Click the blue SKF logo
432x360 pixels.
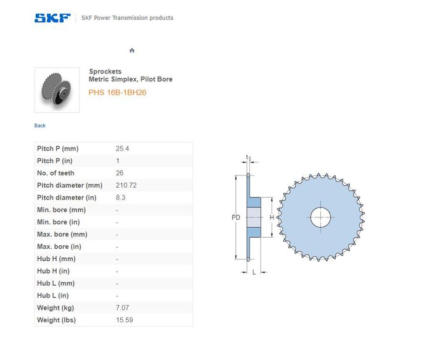coord(52,18)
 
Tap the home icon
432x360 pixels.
coord(132,51)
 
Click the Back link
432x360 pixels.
coord(39,126)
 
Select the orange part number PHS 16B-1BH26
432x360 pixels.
coord(117,93)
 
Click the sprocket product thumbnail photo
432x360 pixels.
coord(57,90)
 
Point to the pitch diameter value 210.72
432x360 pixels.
coord(126,185)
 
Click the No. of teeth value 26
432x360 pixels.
coord(120,173)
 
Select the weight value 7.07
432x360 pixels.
coord(122,308)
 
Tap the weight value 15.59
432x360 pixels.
coord(124,320)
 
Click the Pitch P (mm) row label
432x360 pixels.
coord(57,149)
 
